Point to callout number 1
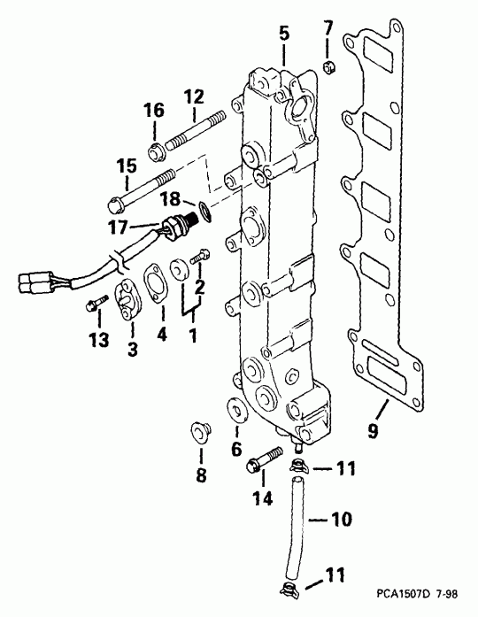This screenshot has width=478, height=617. click(193, 337)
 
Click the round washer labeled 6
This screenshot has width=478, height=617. click(237, 413)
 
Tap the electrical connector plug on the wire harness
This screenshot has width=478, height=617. click(34, 284)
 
